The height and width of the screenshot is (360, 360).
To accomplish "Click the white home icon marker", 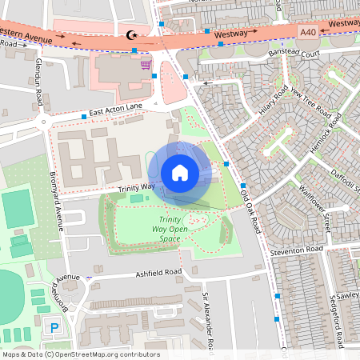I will tap(180, 173).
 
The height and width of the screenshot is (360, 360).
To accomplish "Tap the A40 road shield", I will tap(309, 30).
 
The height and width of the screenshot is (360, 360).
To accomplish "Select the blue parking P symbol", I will tap(54, 328).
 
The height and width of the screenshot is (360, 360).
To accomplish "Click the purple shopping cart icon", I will tap(146, 64).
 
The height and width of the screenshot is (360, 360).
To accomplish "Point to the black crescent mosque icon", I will tap(132, 34).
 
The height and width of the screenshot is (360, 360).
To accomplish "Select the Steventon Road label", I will tap(296, 250).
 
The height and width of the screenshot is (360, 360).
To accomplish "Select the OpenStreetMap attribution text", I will tap(80, 354).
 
